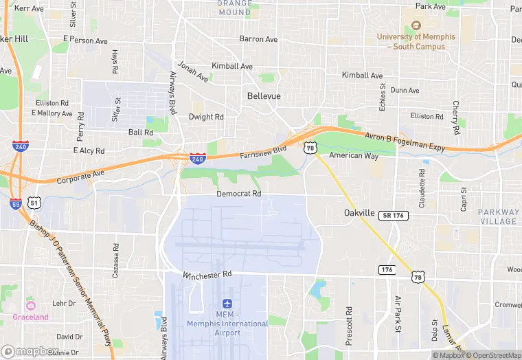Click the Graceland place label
click(30, 317)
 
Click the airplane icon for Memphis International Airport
click(228, 304)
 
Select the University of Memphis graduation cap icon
click(416, 25)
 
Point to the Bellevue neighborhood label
click(264, 96)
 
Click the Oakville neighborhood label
click(359, 213)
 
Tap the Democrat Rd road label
click(239, 194)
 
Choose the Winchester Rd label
click(208, 276)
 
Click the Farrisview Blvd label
click(263, 152)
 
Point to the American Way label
click(354, 156)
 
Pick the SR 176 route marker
click(393, 216)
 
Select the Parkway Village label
click(499, 216)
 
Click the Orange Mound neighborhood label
click(234, 8)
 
